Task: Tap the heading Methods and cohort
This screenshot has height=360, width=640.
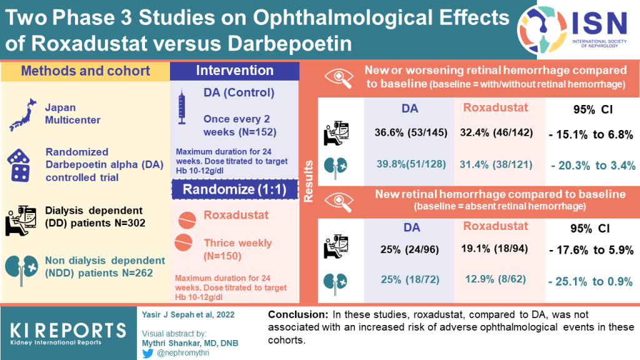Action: pos(85,71)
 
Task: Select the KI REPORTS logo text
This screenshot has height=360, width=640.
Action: pos(67,332)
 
